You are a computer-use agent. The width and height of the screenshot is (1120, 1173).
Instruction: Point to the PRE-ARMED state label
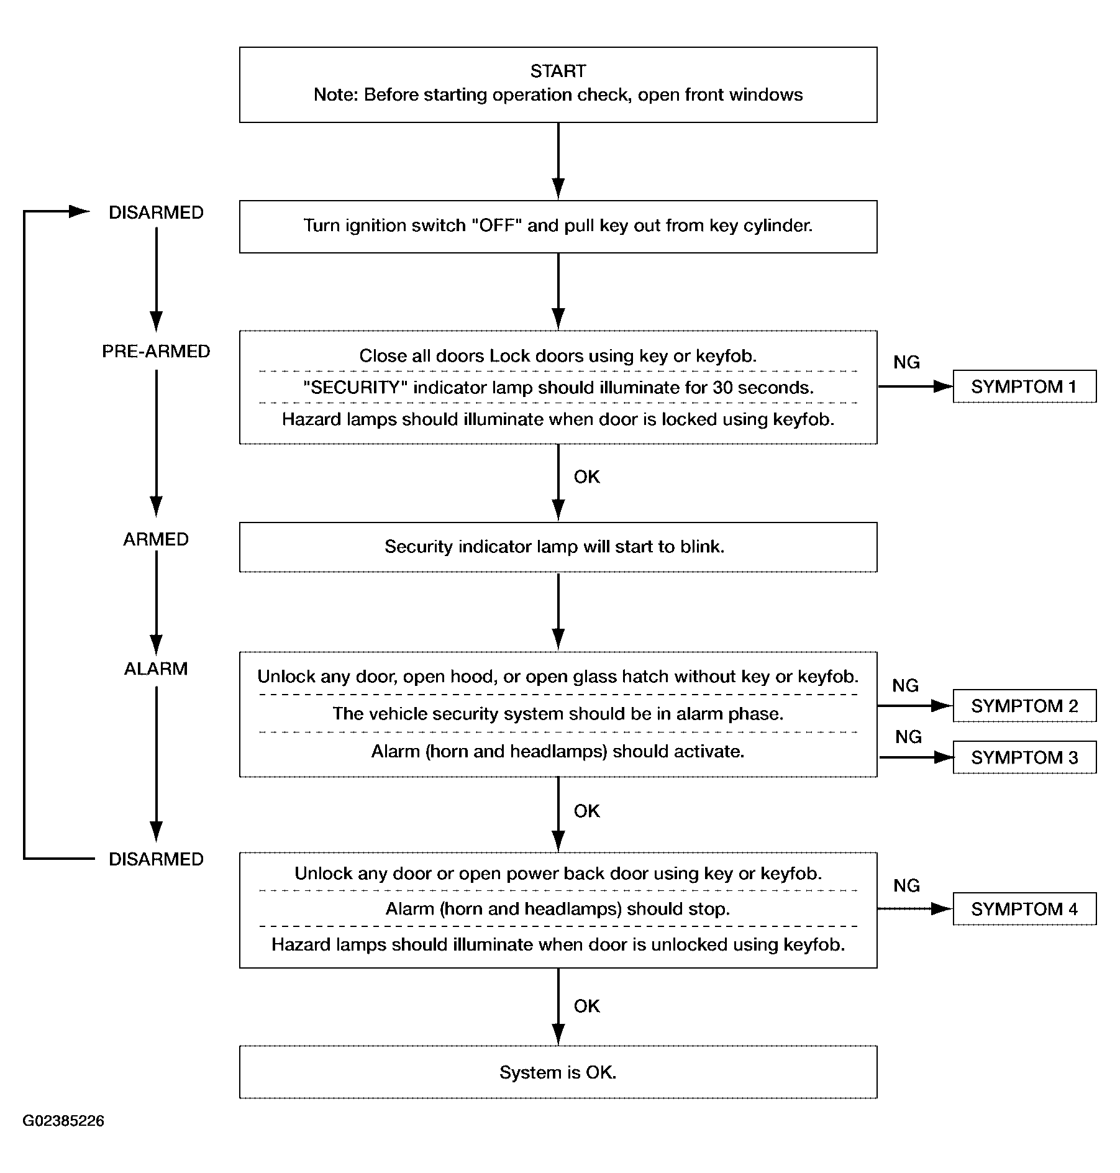point(156,352)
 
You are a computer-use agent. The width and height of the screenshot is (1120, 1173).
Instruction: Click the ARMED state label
point(156,539)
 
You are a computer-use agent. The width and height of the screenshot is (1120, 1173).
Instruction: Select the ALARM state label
point(156,669)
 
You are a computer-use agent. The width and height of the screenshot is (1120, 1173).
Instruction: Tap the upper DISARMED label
point(156,212)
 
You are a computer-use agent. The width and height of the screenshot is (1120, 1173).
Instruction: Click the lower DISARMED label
point(156,859)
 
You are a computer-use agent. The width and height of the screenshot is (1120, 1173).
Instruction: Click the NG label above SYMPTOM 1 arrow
point(906,362)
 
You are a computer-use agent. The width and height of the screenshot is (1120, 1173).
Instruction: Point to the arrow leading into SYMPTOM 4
point(915,909)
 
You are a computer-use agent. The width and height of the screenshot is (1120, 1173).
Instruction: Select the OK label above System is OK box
point(587,1006)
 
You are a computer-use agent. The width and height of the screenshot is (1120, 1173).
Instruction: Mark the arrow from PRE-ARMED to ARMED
point(156,443)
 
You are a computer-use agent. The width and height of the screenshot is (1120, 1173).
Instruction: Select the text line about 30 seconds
point(558,388)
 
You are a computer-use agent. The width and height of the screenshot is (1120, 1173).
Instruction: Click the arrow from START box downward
point(558,161)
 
